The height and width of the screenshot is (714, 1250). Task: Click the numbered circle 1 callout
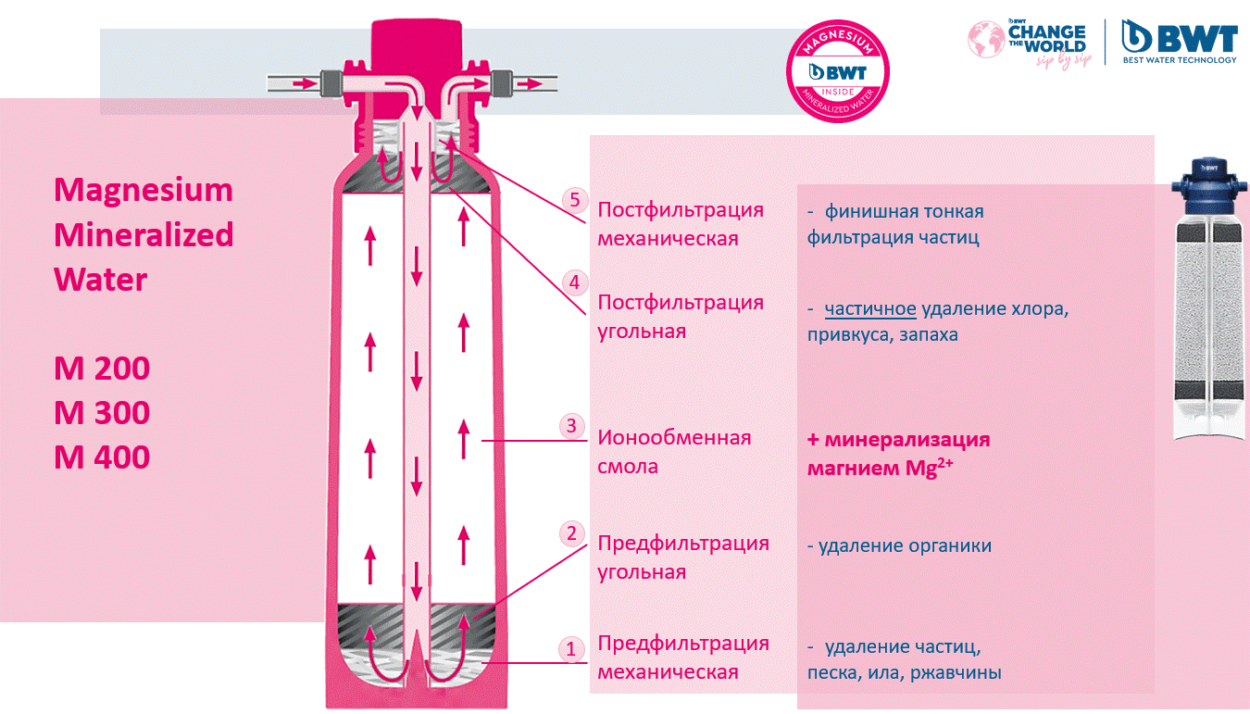point(571,649)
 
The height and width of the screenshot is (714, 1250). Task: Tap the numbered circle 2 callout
point(571,532)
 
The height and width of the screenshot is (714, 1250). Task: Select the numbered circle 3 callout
point(571,426)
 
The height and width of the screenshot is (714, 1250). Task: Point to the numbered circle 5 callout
point(575,199)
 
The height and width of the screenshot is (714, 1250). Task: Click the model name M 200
point(102,369)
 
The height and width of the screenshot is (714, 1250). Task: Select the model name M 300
point(102,413)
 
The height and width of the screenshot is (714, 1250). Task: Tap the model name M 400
point(102,457)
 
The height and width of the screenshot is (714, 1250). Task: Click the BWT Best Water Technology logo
point(1179,41)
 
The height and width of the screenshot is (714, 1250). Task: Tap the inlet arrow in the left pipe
point(302,83)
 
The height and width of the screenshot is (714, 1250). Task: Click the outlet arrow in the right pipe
point(530,83)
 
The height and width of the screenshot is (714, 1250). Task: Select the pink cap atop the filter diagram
point(417,41)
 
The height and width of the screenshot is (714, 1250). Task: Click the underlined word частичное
point(870,309)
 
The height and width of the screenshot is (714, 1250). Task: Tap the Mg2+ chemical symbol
point(931,468)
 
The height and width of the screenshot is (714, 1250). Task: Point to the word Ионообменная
point(674,437)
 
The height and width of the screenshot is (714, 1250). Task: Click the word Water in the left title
point(100,280)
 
